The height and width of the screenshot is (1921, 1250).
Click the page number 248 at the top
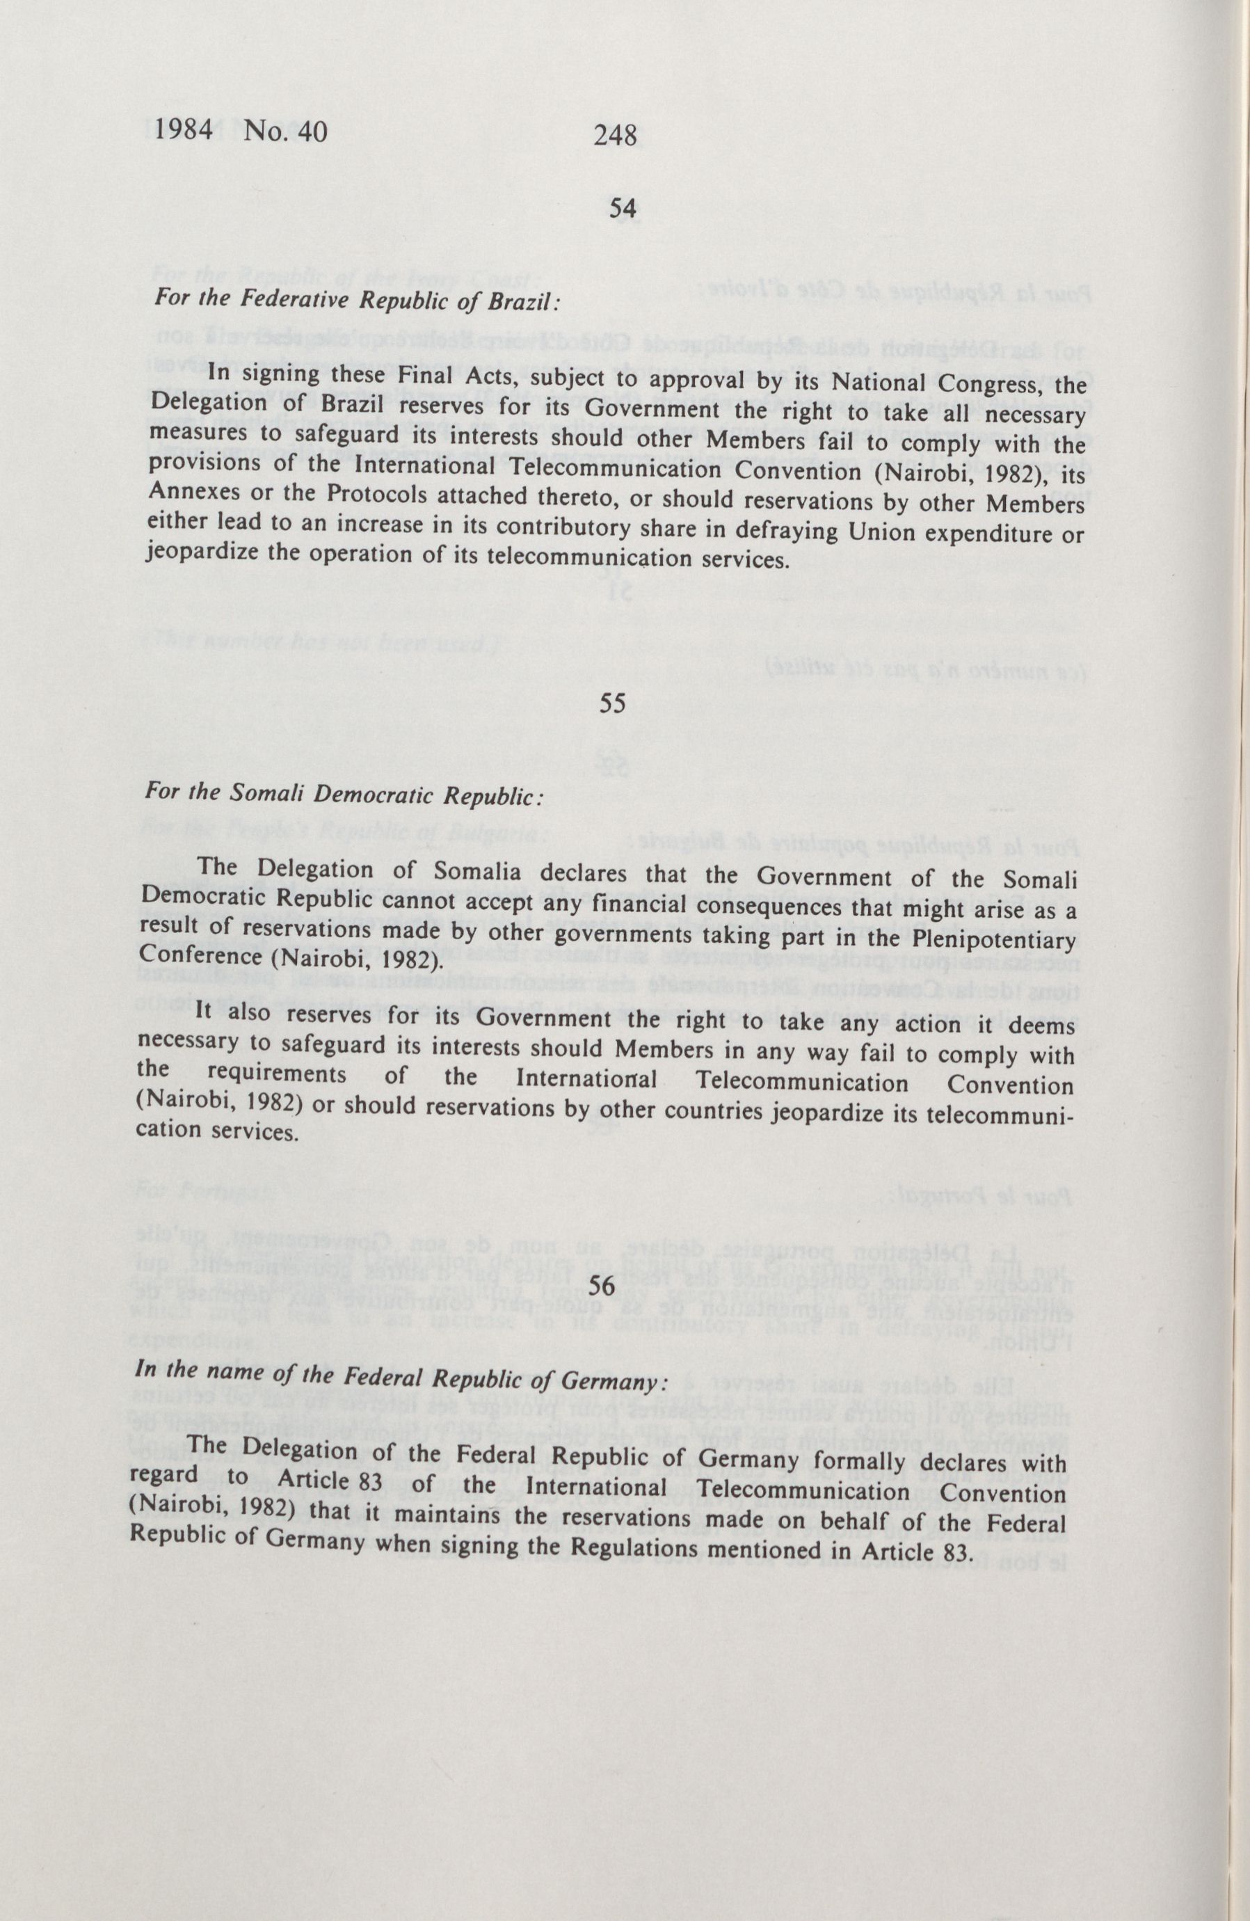tap(616, 135)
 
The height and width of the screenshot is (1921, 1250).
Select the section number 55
tap(613, 704)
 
